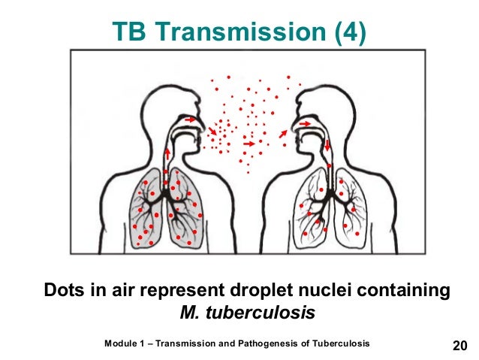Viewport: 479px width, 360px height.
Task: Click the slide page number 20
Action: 459,345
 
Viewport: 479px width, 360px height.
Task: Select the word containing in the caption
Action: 395,290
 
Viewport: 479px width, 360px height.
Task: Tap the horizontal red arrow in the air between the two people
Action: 249,141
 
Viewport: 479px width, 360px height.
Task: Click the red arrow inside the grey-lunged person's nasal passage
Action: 191,119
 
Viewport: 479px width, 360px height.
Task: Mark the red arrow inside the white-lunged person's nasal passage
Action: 306,122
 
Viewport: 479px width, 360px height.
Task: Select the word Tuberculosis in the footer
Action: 342,343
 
